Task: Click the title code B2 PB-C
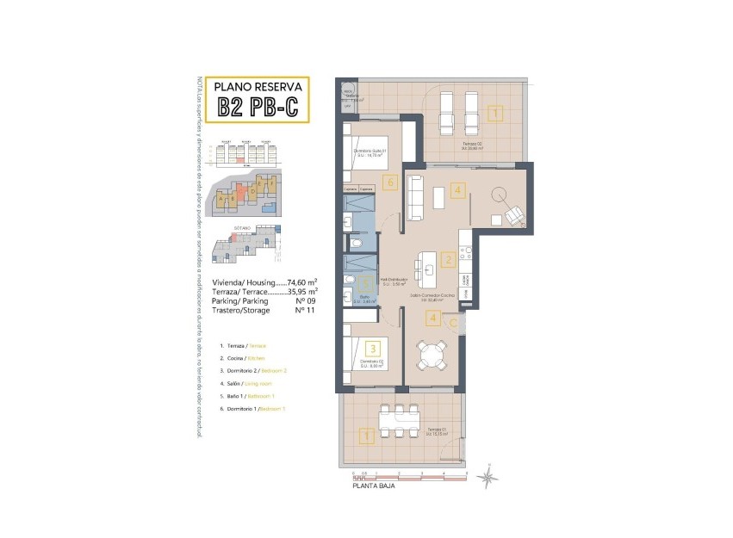point(258,107)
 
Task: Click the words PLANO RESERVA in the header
point(258,86)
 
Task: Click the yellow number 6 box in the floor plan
point(390,182)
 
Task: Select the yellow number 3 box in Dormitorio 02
point(372,349)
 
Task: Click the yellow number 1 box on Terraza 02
point(494,113)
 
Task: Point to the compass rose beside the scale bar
point(488,475)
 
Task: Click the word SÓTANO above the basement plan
point(241,228)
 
